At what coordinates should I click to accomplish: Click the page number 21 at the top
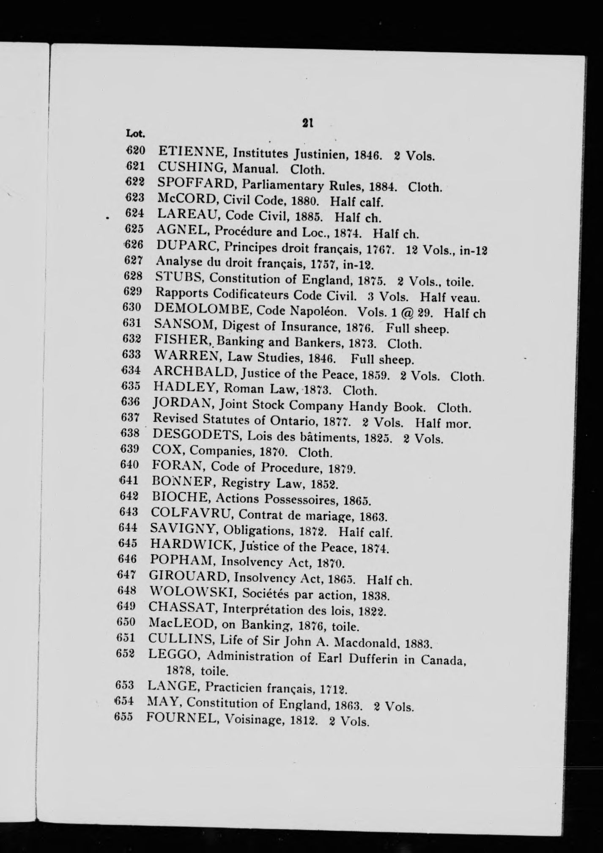tap(307, 122)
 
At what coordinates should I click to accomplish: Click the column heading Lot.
tap(135, 135)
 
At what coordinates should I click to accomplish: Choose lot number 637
tap(130, 418)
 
